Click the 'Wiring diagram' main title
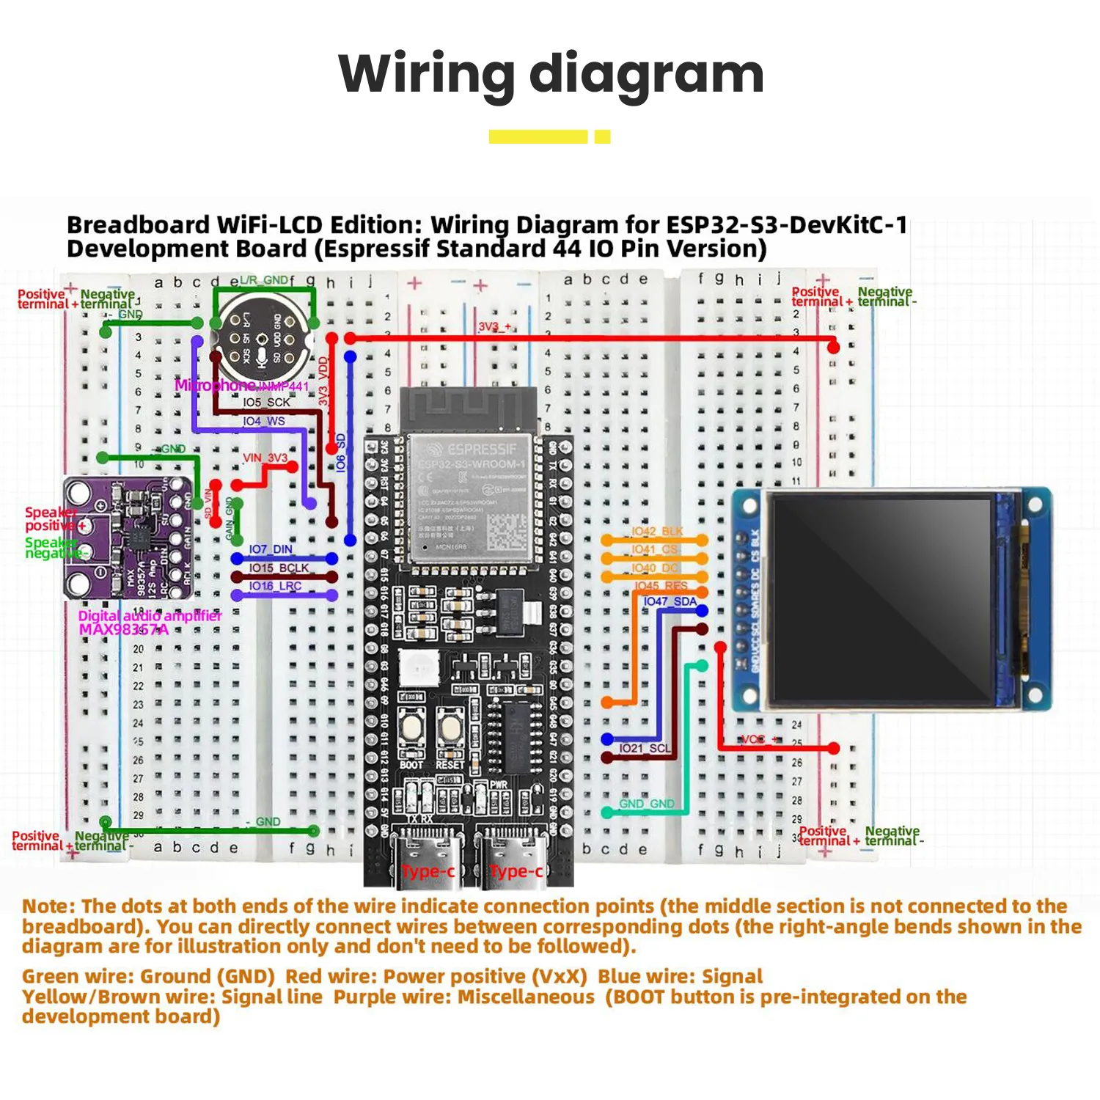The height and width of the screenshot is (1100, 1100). pos(551,74)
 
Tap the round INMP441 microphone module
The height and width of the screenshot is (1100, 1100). pos(262,337)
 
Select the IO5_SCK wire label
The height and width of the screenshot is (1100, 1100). pos(266,403)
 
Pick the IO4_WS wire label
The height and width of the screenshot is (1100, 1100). pos(264,422)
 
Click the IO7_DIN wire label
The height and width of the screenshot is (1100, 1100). pos(270,549)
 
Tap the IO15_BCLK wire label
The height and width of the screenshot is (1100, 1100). pos(279,568)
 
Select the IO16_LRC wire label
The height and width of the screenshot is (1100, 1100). pos(275,586)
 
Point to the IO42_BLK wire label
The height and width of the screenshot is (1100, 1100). pos(657,531)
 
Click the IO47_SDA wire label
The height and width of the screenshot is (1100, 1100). pos(670,601)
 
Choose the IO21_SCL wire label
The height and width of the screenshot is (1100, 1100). pos(644,749)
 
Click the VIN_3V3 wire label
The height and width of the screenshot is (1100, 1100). pos(265,458)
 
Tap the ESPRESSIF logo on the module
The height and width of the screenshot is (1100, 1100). pos(473,449)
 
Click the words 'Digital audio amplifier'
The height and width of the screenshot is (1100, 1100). pos(150,616)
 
